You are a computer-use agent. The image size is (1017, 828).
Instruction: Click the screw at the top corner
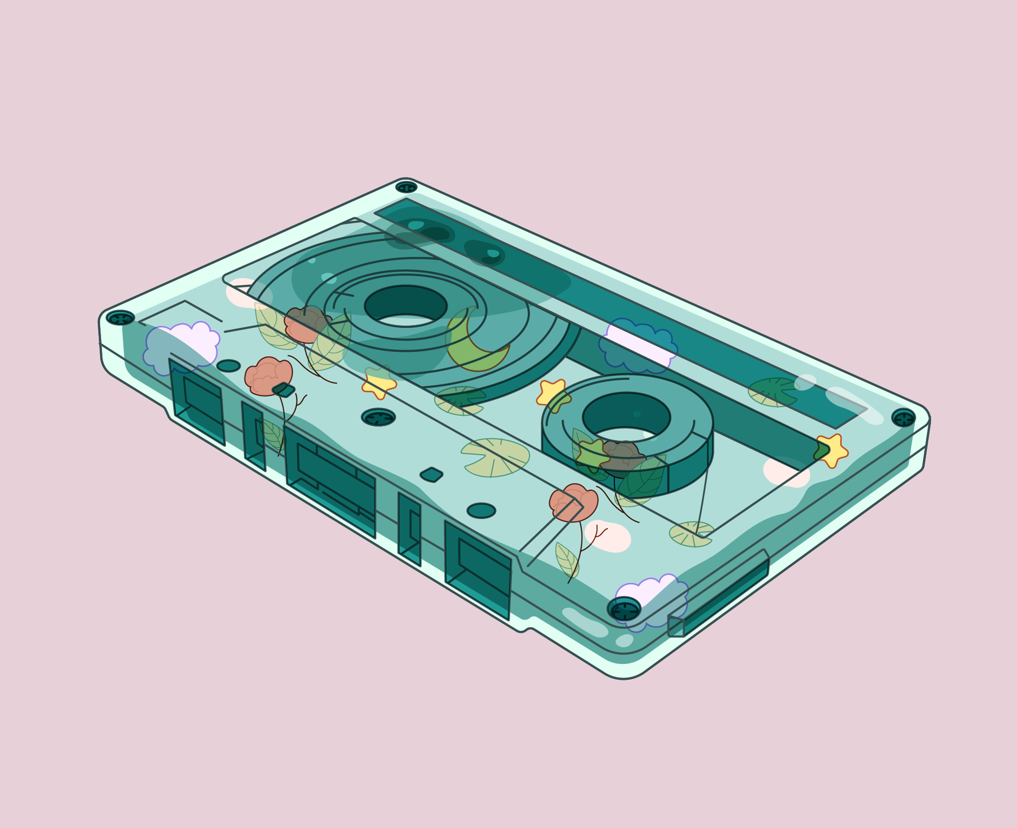click(406, 187)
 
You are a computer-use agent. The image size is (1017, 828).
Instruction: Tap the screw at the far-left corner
click(120, 317)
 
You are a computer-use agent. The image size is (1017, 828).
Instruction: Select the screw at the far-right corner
click(904, 418)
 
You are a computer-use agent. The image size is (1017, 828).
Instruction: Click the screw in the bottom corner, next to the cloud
click(624, 610)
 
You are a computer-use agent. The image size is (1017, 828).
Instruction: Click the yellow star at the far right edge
click(833, 451)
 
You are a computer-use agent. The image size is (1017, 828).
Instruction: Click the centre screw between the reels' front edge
click(379, 417)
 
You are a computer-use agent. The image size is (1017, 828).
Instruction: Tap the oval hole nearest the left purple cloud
click(228, 366)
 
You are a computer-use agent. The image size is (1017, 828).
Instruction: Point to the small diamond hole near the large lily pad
click(431, 474)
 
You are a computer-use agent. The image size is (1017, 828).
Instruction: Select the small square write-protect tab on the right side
click(676, 626)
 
